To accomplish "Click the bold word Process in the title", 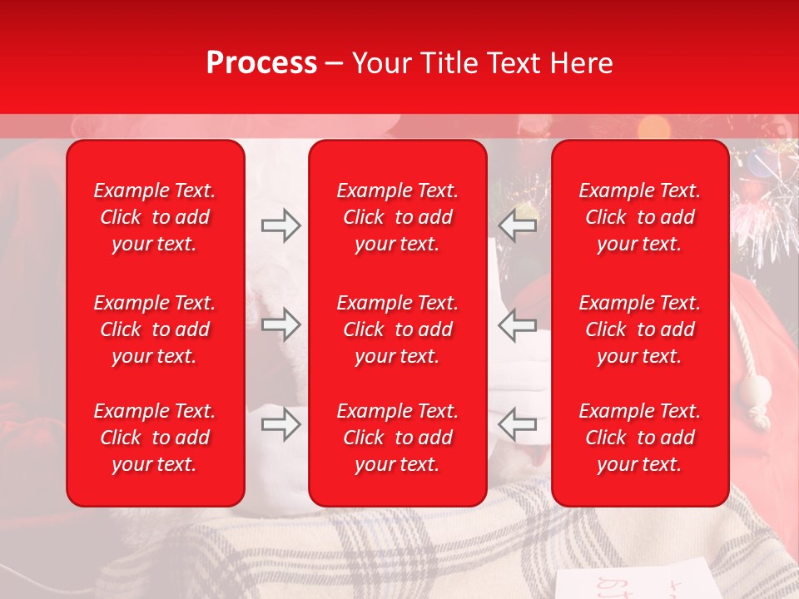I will coord(261,63).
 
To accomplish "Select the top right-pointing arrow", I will coord(280,225).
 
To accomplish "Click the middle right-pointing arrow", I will coord(280,324).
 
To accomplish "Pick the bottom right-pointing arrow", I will coord(280,424).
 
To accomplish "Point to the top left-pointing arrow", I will coord(518,225).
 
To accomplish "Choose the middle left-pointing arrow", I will coord(518,324).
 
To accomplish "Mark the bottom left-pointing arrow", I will coord(518,424).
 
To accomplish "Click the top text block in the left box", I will coord(154,217).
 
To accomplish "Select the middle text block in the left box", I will coord(154,329).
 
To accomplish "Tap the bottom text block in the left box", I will coord(154,438).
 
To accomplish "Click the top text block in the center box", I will coord(397,217).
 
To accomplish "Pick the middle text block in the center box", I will coord(397,329).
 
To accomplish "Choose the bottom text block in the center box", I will coord(397,438).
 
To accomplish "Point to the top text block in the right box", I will coord(639,217).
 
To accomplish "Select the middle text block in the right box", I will coord(639,329).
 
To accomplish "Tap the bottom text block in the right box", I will coord(639,438).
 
